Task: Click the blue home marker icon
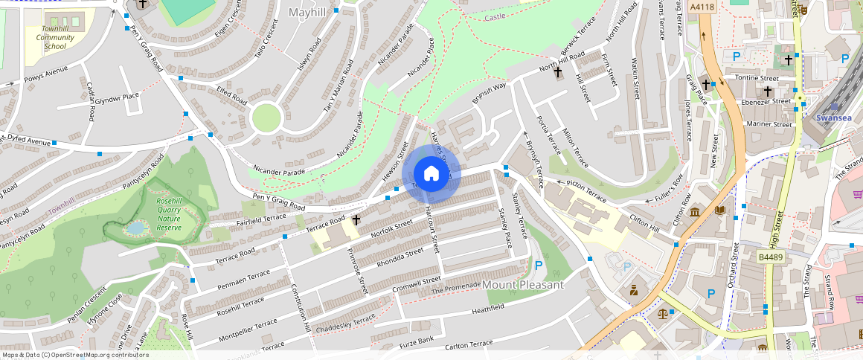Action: [x=431, y=174]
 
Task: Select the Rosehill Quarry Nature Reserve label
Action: [x=169, y=214]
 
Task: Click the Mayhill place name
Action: [x=307, y=13]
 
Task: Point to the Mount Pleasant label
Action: [x=523, y=285]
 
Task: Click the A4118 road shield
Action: [x=702, y=7]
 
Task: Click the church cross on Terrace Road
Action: [x=356, y=220]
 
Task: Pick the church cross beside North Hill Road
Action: [x=557, y=73]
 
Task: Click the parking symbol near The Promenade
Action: [x=538, y=265]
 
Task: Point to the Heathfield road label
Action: [x=488, y=306]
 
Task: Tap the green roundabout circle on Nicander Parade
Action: [x=266, y=118]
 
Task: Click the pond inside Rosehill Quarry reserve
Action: [x=135, y=228]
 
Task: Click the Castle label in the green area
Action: [x=495, y=16]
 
